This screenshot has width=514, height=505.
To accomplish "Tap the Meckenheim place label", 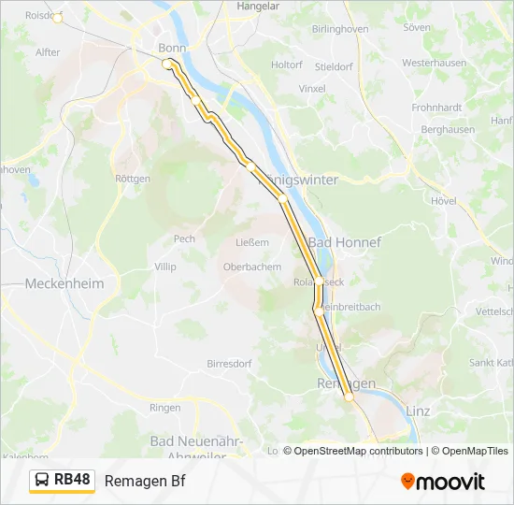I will (x=64, y=283).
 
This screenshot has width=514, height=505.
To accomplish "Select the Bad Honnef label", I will (x=345, y=242).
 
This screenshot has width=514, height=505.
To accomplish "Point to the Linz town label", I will (x=419, y=411).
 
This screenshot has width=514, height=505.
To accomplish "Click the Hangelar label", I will (x=259, y=6).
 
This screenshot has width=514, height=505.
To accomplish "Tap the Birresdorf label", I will (x=229, y=363).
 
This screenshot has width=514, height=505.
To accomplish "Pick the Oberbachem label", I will (x=251, y=267).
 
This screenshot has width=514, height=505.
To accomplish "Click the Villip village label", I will (x=164, y=267).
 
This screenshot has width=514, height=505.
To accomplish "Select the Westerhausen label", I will (x=435, y=63).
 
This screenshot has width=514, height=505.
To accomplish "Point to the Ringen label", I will (x=164, y=408).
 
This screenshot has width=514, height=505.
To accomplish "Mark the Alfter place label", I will (x=48, y=52).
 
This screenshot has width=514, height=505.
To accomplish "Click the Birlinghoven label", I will (x=339, y=29).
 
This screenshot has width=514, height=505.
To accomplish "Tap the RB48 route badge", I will (x=62, y=481).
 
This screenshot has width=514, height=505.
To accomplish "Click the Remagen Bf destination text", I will (x=145, y=481).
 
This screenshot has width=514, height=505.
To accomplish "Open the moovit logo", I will (x=443, y=482).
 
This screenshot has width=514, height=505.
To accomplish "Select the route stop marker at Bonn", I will (x=167, y=64).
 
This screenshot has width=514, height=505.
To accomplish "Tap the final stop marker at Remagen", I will (x=350, y=397).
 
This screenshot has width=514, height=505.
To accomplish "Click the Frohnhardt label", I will (x=436, y=108).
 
